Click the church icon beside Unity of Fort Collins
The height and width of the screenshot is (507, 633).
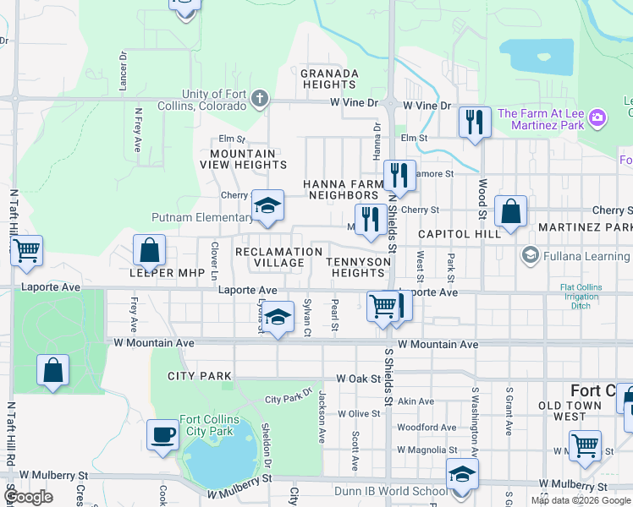click(260, 100)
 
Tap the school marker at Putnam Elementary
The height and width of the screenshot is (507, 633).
click(267, 206)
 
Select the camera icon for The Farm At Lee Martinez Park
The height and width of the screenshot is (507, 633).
click(597, 118)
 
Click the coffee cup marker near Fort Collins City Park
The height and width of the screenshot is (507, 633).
click(162, 435)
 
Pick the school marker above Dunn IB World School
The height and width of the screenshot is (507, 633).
click(462, 474)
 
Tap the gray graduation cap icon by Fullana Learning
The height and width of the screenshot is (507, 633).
click(531, 254)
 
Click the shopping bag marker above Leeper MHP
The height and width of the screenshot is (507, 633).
click(149, 250)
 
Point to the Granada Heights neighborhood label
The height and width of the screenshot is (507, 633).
click(329, 79)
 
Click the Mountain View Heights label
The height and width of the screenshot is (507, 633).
click(243, 159)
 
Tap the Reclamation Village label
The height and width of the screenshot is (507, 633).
click(279, 258)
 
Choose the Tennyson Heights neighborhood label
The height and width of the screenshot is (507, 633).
click(358, 267)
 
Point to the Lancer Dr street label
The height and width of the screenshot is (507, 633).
click(124, 70)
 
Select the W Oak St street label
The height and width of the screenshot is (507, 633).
click(359, 379)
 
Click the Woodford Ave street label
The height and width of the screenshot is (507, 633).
click(428, 428)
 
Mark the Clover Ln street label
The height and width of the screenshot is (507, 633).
click(214, 261)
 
